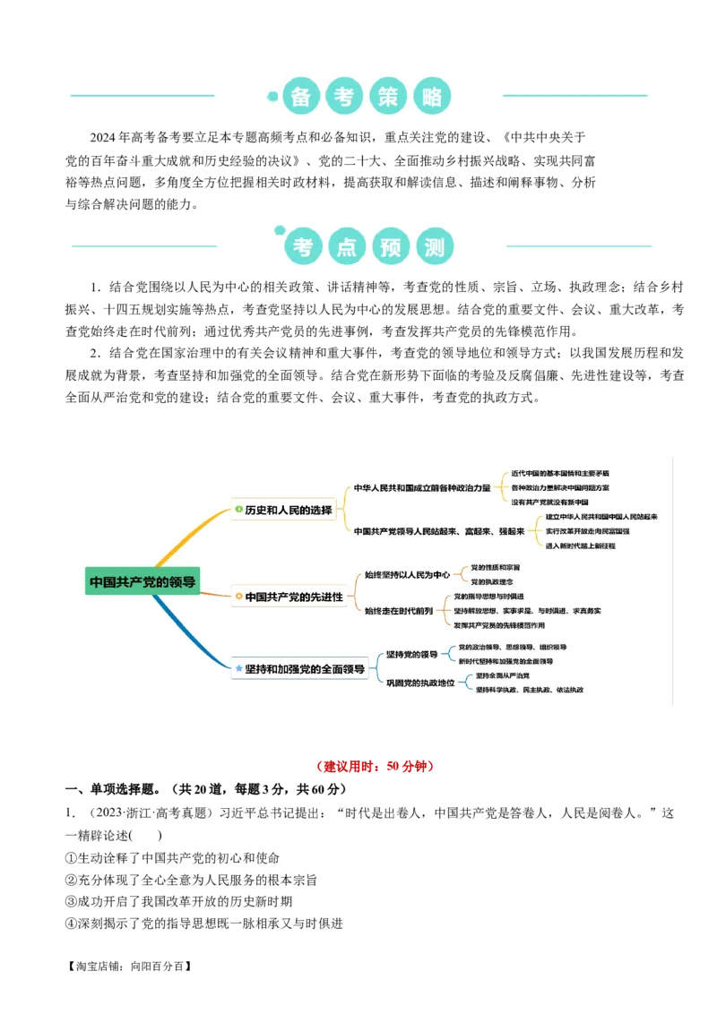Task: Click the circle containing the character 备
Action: (301, 97)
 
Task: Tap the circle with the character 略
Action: (432, 97)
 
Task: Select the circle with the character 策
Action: (388, 97)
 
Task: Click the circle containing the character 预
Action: (391, 246)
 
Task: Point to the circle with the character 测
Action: (435, 246)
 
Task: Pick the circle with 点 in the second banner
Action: (347, 246)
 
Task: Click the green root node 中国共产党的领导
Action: (143, 581)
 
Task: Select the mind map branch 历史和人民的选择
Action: (288, 511)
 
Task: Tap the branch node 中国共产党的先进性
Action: (293, 597)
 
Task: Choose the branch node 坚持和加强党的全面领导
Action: (305, 668)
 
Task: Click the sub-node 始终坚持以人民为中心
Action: (407, 574)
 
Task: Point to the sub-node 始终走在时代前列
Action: (399, 610)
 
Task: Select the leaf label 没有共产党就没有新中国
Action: (549, 503)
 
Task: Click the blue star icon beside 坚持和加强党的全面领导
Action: (238, 668)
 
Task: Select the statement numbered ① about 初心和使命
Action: (173, 857)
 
